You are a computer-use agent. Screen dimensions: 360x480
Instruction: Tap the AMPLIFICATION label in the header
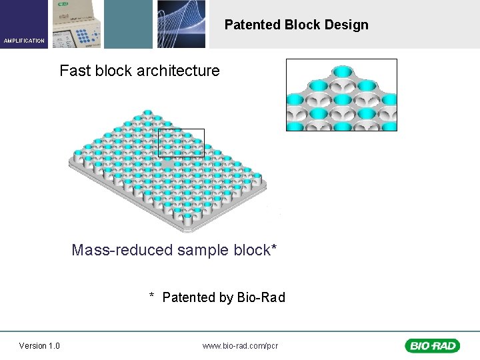pos(24,41)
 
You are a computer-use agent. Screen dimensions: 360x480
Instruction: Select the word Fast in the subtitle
pos(74,71)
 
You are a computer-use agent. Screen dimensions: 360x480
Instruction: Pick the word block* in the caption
pos(256,250)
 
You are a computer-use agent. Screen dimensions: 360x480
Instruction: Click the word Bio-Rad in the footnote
pos(261,297)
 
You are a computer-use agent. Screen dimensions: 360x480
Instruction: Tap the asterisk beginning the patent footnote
pos(152,296)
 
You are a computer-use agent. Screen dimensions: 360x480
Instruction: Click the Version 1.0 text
pos(39,345)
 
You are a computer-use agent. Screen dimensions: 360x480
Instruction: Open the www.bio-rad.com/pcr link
pos(240,345)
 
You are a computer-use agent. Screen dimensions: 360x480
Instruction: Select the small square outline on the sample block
pos(181,142)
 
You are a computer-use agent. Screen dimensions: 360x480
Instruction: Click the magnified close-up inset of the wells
pos(341,95)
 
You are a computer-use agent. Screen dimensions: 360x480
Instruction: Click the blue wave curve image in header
pos(181,24)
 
